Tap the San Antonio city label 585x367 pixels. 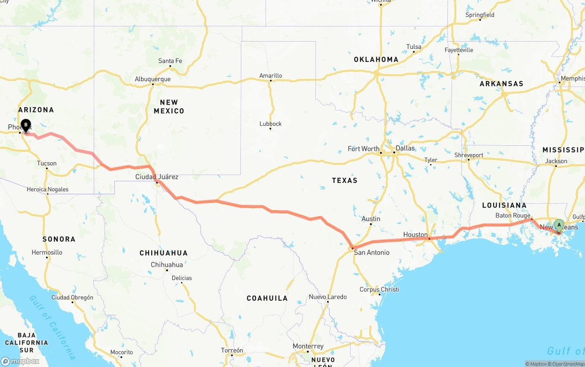click(x=372, y=252)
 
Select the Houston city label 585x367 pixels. click(x=415, y=234)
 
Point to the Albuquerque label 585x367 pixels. click(x=153, y=79)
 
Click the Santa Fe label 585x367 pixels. click(x=170, y=61)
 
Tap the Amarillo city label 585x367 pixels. click(x=271, y=76)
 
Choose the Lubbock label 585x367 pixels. click(x=271, y=124)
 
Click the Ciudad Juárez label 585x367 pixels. click(x=157, y=177)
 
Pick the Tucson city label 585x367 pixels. click(x=47, y=163)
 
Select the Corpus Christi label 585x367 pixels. click(x=379, y=289)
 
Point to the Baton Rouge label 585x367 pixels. click(x=513, y=216)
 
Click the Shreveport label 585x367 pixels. click(x=468, y=155)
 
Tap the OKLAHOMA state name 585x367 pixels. click(x=376, y=59)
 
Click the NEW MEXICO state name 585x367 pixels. click(x=169, y=106)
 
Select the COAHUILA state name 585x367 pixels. click(x=267, y=298)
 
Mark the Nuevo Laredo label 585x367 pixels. click(x=328, y=297)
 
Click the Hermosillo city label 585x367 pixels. click(x=47, y=252)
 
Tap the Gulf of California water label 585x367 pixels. click(x=53, y=327)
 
